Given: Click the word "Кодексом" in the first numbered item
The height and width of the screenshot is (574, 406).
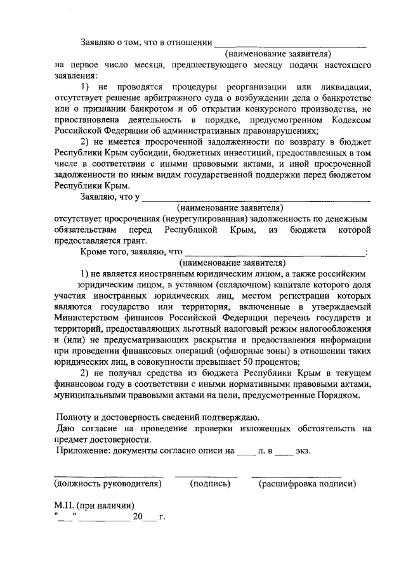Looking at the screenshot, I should pyautogui.click(x=347, y=119).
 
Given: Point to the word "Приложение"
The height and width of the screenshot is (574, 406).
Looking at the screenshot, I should pyautogui.click(x=80, y=451).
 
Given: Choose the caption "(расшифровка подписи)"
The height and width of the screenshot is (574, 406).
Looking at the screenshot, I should pyautogui.click(x=306, y=484).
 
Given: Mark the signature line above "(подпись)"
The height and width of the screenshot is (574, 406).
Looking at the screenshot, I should pyautogui.click(x=206, y=474).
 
